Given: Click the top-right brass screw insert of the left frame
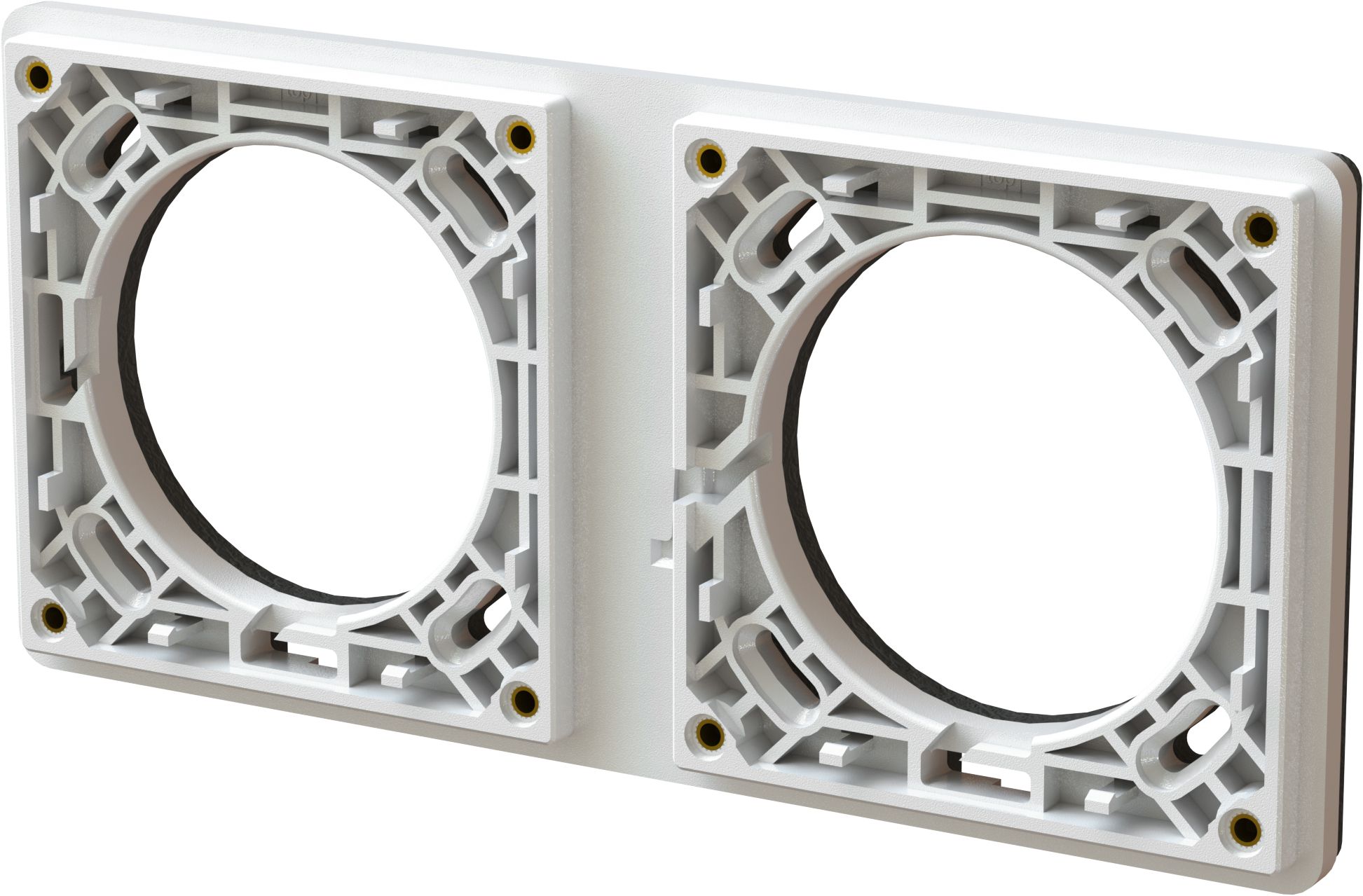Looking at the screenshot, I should pyautogui.click(x=520, y=134).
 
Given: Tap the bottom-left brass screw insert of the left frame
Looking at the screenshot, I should pyautogui.click(x=53, y=617).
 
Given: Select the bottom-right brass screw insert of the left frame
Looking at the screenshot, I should pyautogui.click(x=522, y=698).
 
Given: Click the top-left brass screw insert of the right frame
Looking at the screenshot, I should pyautogui.click(x=711, y=159).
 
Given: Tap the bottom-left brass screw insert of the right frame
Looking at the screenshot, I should pyautogui.click(x=710, y=733).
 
